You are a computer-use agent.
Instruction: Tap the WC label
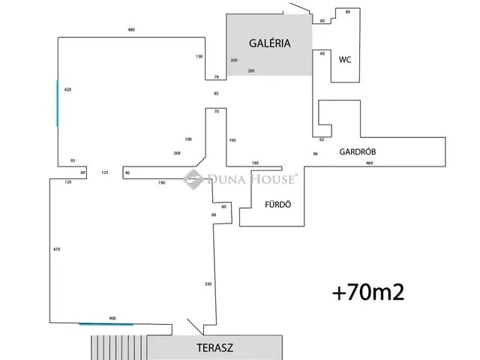tap(345, 58)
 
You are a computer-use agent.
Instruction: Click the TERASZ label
tap(215, 349)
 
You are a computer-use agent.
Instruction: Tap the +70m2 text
tap(368, 292)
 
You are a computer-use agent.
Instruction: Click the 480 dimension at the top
tap(131, 30)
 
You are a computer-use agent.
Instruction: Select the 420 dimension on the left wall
tap(67, 89)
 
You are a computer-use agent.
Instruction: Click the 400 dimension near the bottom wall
tap(112, 318)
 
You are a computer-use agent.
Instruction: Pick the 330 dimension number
tap(208, 283)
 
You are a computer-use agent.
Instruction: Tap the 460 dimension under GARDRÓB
tap(369, 163)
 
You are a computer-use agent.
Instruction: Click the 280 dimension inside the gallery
tap(250, 70)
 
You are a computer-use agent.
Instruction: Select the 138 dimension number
tap(199, 56)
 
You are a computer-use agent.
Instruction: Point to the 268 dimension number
tap(177, 153)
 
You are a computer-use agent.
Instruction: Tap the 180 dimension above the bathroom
tap(255, 163)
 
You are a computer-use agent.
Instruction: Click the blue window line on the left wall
tap(57, 103)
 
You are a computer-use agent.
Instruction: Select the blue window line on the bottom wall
tap(106, 324)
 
